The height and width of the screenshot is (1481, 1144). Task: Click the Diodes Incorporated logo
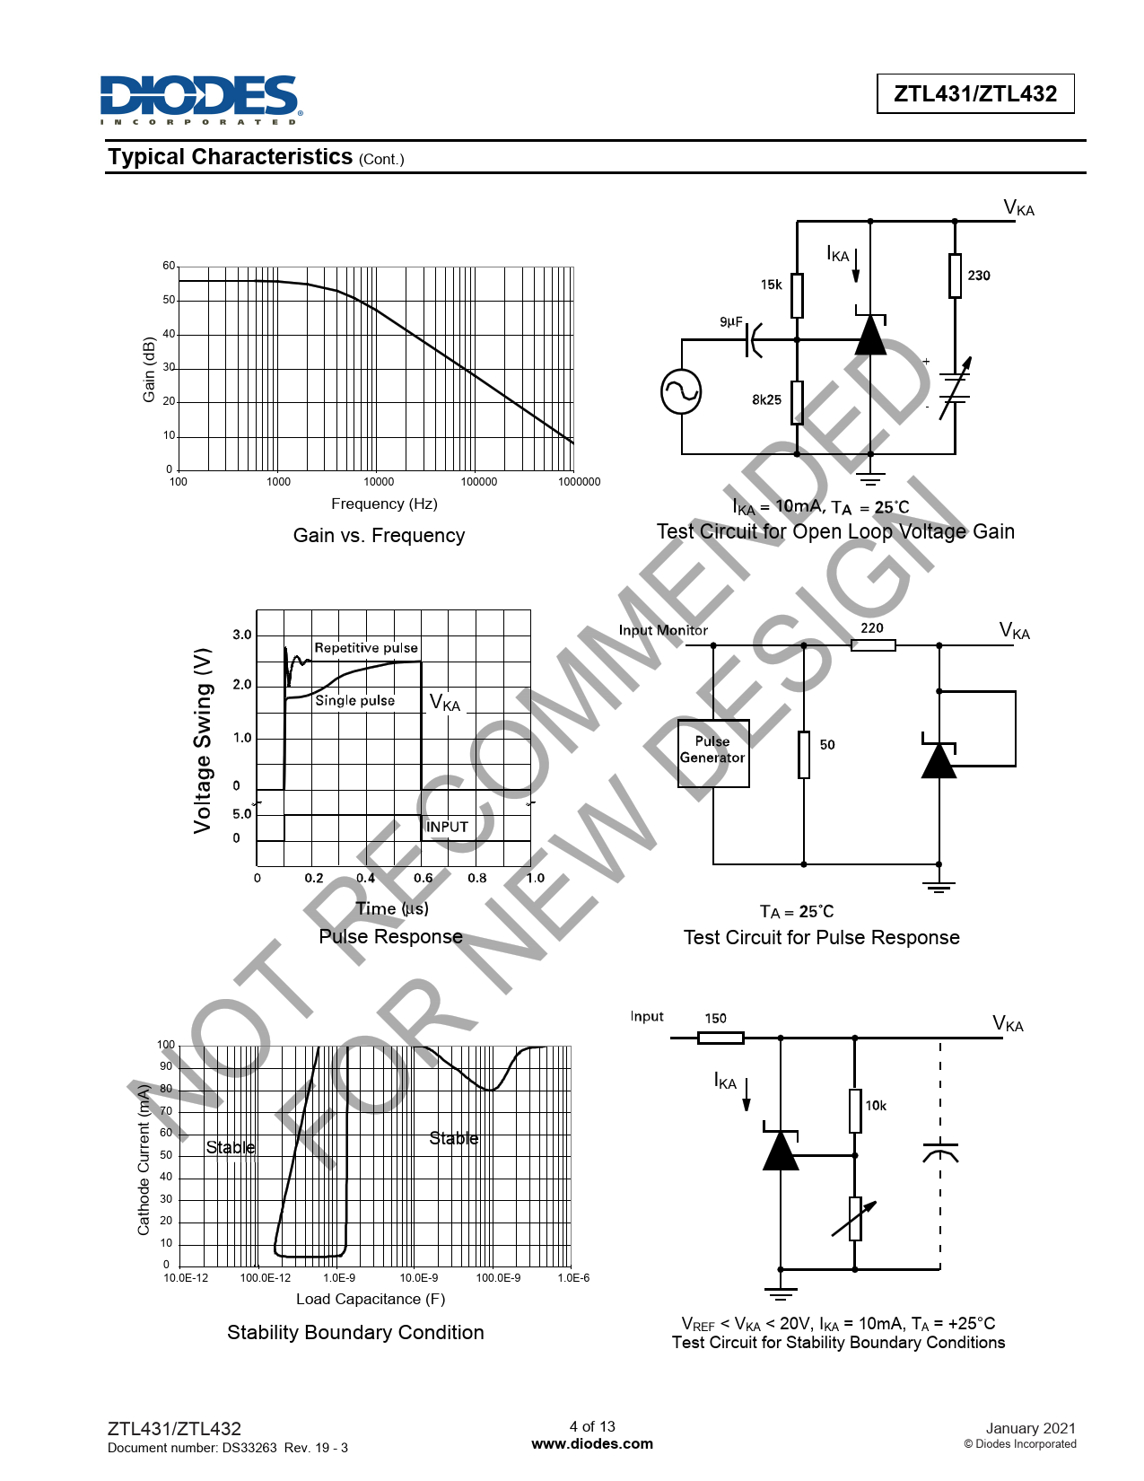click(x=201, y=100)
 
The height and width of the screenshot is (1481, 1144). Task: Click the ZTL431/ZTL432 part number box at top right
click(x=975, y=93)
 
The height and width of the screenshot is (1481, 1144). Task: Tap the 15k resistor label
click(x=772, y=285)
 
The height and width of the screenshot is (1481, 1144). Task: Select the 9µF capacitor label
click(x=731, y=321)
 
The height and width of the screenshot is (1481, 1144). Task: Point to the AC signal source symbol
click(x=681, y=392)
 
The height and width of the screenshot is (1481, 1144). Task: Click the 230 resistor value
click(x=978, y=276)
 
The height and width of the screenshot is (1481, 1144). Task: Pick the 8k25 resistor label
click(x=766, y=400)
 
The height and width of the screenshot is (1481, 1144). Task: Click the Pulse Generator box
click(x=713, y=754)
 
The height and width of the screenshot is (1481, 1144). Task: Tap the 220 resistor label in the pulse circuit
click(x=871, y=627)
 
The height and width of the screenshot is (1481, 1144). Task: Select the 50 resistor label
click(x=827, y=745)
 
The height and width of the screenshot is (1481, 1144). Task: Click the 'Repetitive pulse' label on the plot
click(x=366, y=648)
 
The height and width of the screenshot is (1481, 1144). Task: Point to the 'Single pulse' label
click(x=355, y=701)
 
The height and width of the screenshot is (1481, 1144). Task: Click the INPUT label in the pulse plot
click(x=447, y=827)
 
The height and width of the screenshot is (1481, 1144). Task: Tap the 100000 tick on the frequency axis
click(x=479, y=482)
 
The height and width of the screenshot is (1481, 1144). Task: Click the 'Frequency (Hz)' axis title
click(x=384, y=504)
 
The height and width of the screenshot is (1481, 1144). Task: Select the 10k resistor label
click(x=876, y=1106)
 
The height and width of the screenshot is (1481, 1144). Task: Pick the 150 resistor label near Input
click(x=715, y=1018)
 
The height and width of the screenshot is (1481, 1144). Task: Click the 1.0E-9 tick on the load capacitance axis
click(x=338, y=1278)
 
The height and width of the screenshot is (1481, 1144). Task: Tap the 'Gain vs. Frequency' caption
click(x=379, y=536)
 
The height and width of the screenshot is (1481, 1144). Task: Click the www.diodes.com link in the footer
click(x=592, y=1443)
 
